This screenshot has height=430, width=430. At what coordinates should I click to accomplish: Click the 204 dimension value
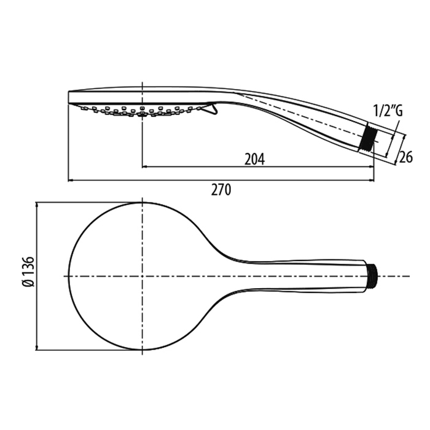click(254, 159)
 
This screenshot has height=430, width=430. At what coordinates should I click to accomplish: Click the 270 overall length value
click(221, 190)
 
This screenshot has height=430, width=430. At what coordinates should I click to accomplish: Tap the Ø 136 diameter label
click(28, 272)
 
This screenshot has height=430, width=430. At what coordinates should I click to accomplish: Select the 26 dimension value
click(405, 157)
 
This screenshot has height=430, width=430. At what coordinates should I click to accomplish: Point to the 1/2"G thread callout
click(388, 111)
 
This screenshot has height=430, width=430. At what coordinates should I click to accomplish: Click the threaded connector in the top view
click(372, 276)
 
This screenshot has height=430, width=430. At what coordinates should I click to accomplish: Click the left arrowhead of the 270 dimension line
click(71, 181)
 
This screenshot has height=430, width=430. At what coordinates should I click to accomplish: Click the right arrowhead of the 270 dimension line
click(371, 181)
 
